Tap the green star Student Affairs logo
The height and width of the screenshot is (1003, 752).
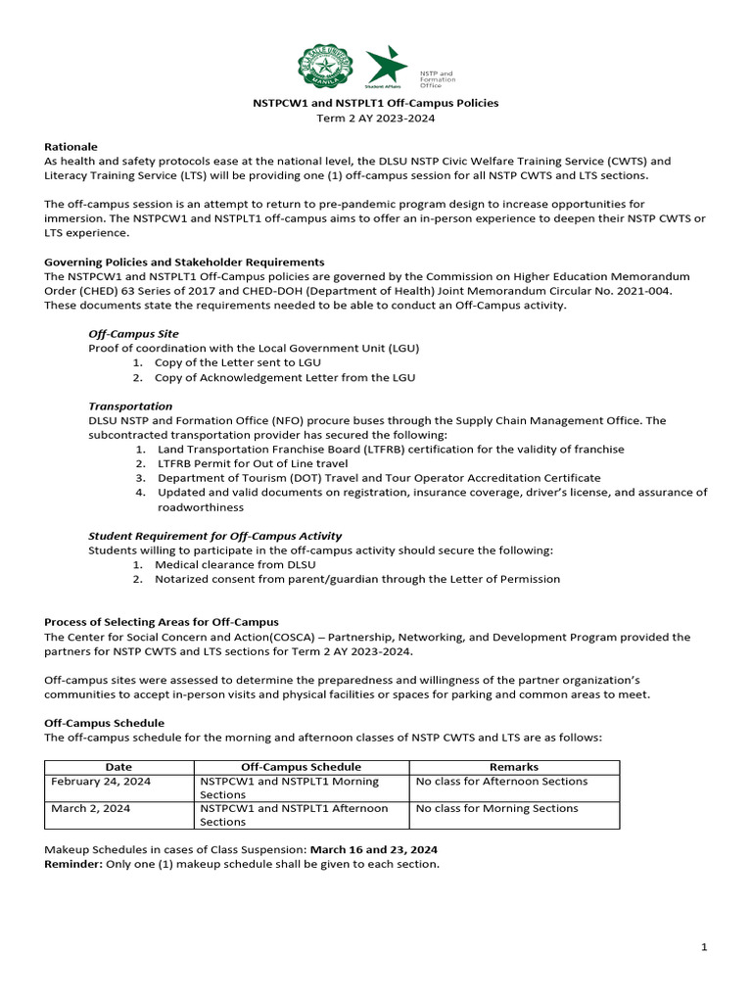tap(386, 67)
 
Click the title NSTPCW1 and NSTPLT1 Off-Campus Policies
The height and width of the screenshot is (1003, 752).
tap(375, 103)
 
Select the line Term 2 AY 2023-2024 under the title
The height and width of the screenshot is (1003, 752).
tap(375, 118)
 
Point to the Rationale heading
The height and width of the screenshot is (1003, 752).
tap(70, 146)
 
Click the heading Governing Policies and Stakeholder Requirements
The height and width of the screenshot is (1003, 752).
tap(184, 263)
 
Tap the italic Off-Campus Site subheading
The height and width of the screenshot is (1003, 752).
tap(133, 334)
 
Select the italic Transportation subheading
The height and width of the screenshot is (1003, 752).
tap(130, 406)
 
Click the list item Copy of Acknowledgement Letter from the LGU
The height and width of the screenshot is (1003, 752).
tap(284, 377)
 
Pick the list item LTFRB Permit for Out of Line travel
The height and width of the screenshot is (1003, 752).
tap(253, 463)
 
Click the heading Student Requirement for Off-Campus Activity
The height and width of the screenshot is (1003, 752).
tap(214, 536)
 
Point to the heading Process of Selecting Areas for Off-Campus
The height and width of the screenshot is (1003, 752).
tap(162, 622)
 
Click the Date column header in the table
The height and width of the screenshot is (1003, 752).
tap(118, 767)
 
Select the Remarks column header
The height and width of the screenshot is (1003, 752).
tap(513, 767)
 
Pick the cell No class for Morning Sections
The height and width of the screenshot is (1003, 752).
tap(496, 809)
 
